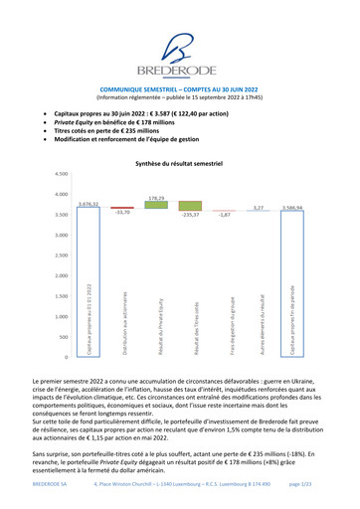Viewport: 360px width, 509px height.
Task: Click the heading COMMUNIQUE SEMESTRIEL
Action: pos(180,88)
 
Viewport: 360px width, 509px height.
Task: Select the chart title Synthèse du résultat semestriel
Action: pos(180,161)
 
